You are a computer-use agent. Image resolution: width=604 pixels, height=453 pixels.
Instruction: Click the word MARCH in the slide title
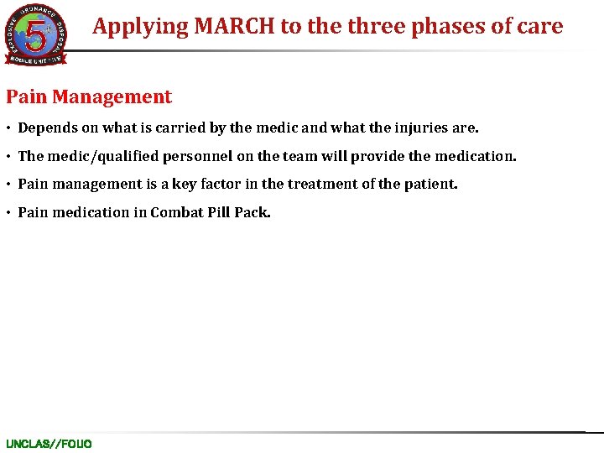pyautogui.click(x=236, y=26)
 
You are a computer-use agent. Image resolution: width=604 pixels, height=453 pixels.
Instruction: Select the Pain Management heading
pyautogui.click(x=89, y=97)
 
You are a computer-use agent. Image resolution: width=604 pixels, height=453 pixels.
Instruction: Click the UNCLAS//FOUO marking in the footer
pyautogui.click(x=49, y=444)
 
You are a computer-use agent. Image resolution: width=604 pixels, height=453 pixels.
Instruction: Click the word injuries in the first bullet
pyautogui.click(x=419, y=128)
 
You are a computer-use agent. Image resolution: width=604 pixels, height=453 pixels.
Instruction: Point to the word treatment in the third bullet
pyautogui.click(x=326, y=184)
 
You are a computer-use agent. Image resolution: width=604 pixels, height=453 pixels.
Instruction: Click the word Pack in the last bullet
pyautogui.click(x=252, y=212)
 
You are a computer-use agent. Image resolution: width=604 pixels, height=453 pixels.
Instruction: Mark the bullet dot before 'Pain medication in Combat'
pyautogui.click(x=9, y=213)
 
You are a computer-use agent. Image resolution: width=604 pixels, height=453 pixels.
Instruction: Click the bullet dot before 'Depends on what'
pyautogui.click(x=9, y=129)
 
